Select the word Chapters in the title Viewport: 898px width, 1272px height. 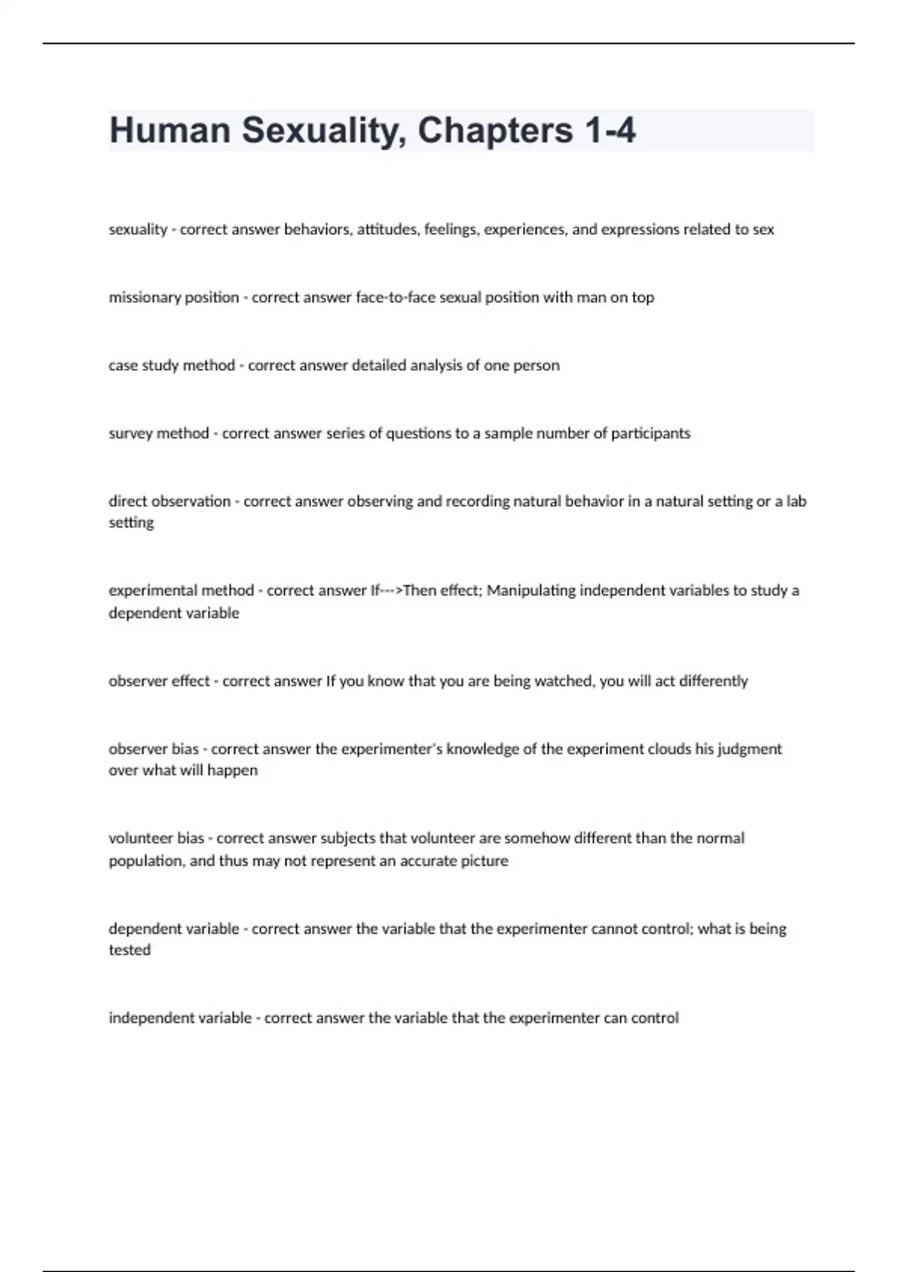pos(495,130)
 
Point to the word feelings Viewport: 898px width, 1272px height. pos(450,230)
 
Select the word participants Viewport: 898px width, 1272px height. pos(650,433)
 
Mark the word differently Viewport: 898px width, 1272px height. pos(713,681)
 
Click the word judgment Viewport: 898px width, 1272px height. pos(750,749)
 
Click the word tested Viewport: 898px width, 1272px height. pos(129,950)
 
